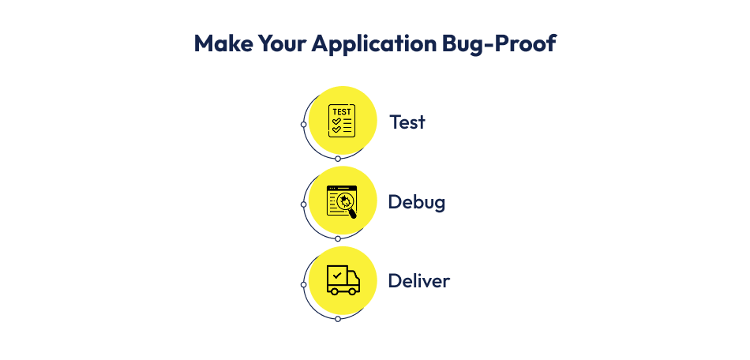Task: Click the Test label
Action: pyautogui.click(x=407, y=122)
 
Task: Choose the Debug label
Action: pyautogui.click(x=417, y=202)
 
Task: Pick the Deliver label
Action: pyautogui.click(x=419, y=281)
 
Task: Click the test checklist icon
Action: pyautogui.click(x=341, y=120)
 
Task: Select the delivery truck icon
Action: pyautogui.click(x=343, y=279)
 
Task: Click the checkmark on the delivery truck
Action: pyautogui.click(x=337, y=276)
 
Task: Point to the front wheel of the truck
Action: pyautogui.click(x=353, y=291)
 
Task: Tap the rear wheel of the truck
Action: pyautogui.click(x=334, y=291)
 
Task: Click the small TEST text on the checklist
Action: pyautogui.click(x=341, y=111)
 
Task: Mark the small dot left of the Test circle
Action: pyautogui.click(x=304, y=125)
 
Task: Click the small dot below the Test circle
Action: pyautogui.click(x=338, y=159)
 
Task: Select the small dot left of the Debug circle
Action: pyautogui.click(x=304, y=204)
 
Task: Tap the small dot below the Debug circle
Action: pyautogui.click(x=338, y=238)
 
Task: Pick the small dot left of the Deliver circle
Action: pyautogui.click(x=304, y=284)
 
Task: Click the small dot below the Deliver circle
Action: pyautogui.click(x=338, y=318)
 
